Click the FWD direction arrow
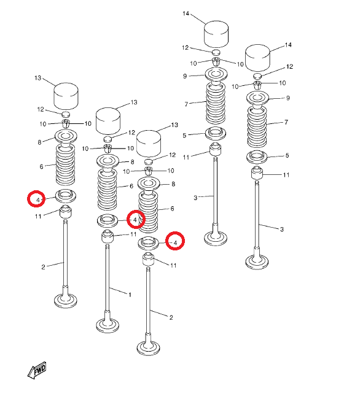(37, 371)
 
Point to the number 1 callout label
(130, 295)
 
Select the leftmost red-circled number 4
(36, 199)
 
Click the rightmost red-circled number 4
(175, 241)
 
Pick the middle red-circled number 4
(136, 219)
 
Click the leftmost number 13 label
(37, 78)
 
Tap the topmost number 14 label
(186, 14)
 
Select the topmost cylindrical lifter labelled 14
(216, 34)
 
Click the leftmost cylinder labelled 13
(66, 96)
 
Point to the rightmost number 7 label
(286, 122)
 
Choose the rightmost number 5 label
(287, 155)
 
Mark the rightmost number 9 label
(288, 98)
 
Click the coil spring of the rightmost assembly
(257, 127)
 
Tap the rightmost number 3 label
(282, 229)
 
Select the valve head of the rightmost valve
(257, 262)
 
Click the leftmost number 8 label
(39, 142)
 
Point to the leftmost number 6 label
(42, 166)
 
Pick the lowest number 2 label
(171, 317)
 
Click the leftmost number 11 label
(38, 216)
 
